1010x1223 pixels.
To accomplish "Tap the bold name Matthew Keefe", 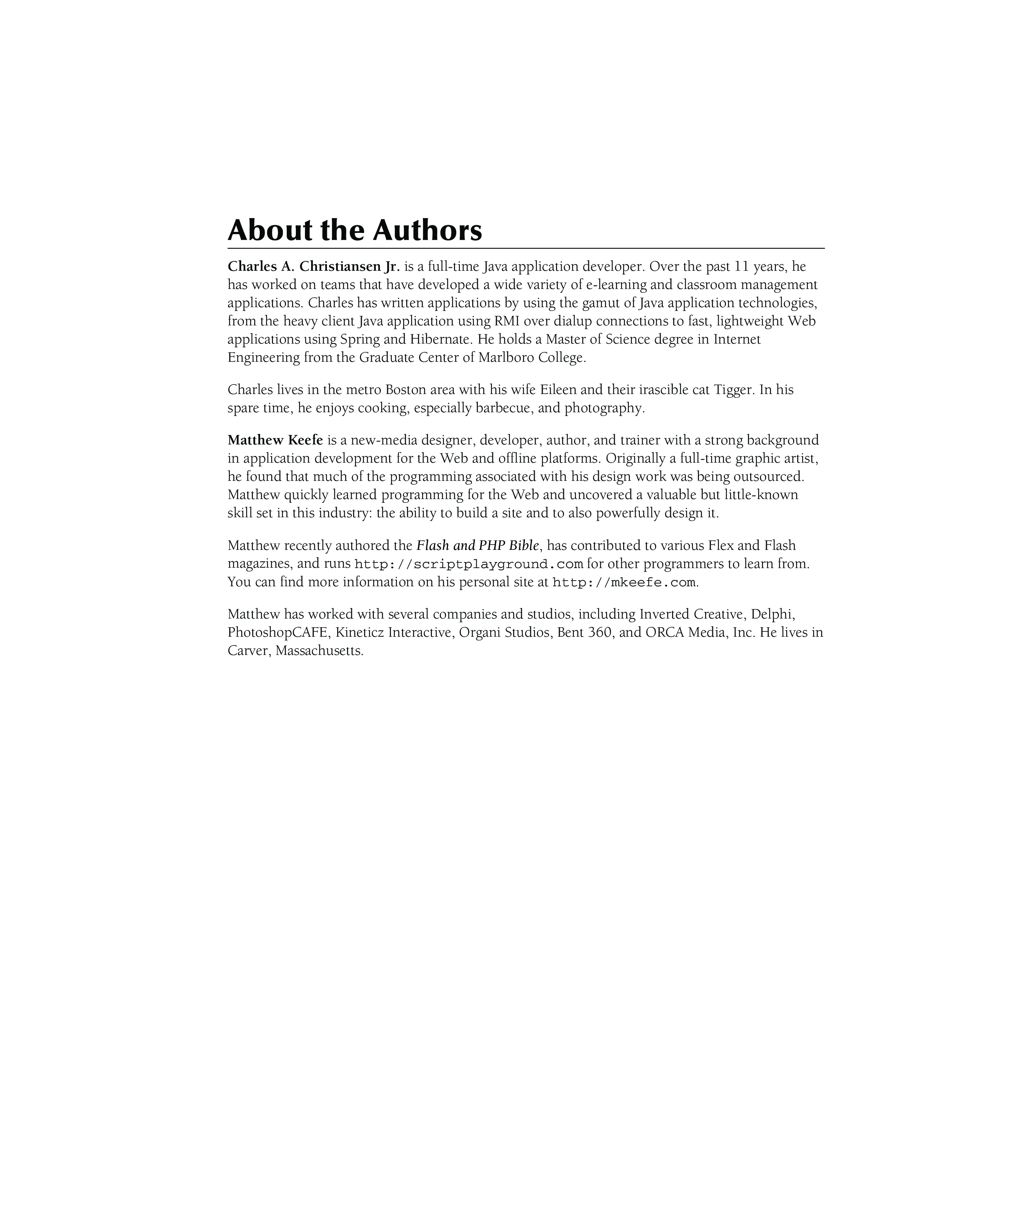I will [275, 440].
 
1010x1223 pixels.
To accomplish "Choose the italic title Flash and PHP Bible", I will [478, 546].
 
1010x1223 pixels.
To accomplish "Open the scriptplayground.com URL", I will [468, 564].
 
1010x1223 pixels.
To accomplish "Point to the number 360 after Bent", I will [600, 633].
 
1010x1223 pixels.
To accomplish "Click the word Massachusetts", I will [319, 650].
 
